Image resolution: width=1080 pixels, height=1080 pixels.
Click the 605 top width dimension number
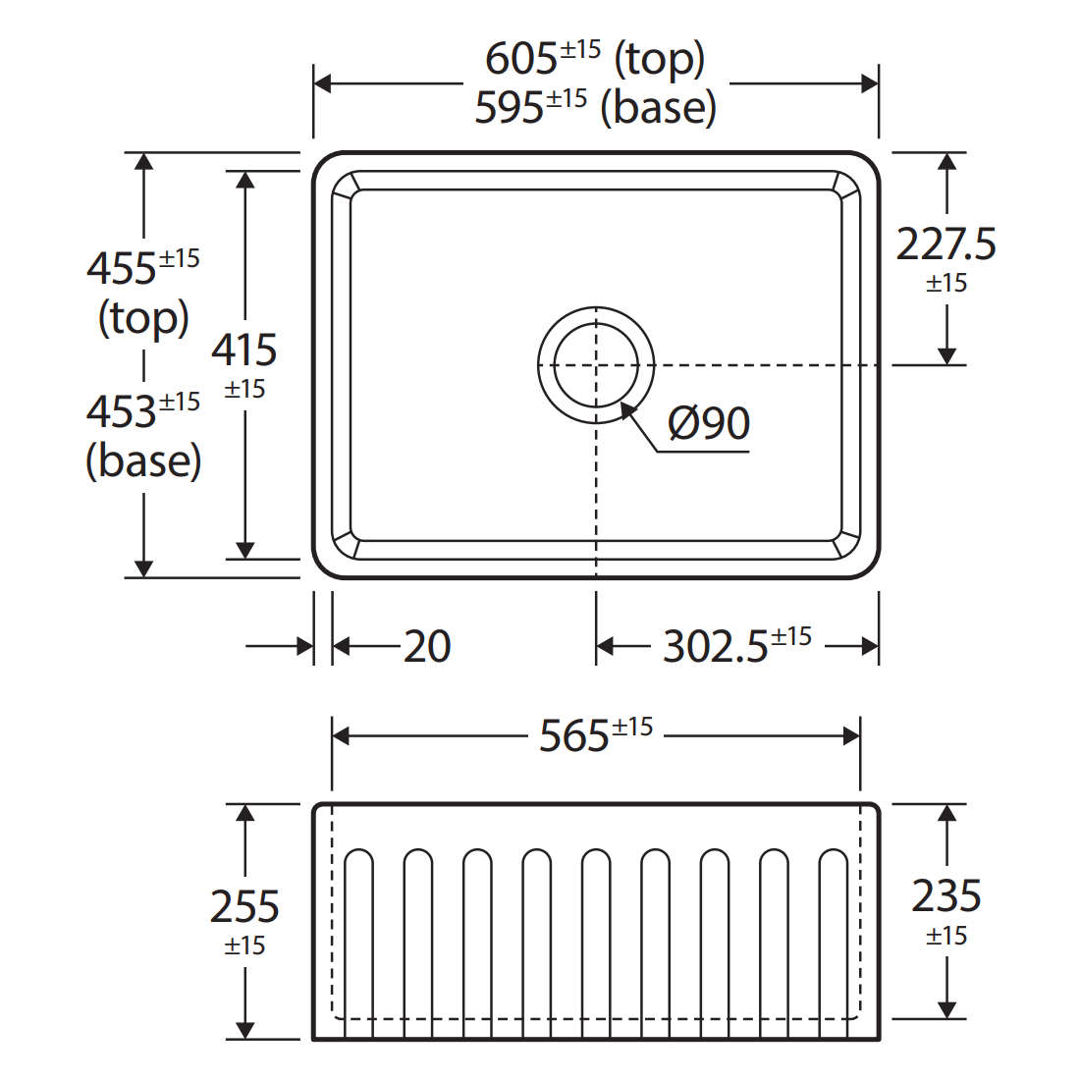(x=520, y=59)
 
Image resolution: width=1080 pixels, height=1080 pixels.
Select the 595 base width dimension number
(x=509, y=108)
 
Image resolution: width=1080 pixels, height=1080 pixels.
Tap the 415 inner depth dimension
(x=243, y=350)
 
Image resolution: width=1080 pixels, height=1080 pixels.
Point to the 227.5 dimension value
(x=945, y=244)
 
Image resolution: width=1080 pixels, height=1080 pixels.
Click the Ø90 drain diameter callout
(x=709, y=423)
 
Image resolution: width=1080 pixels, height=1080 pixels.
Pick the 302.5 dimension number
(x=715, y=647)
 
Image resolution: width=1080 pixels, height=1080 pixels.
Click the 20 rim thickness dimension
(x=427, y=646)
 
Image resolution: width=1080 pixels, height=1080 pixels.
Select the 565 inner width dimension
(x=573, y=736)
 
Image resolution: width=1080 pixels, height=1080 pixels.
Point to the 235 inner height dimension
(x=946, y=896)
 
